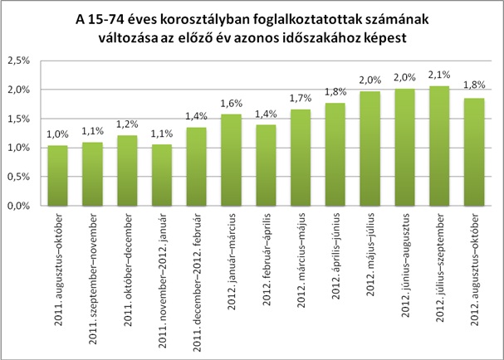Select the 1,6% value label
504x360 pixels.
coord(230,104)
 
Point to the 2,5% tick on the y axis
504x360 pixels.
coord(18,61)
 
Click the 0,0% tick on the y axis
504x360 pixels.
coord(18,207)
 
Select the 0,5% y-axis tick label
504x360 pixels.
coord(18,178)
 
